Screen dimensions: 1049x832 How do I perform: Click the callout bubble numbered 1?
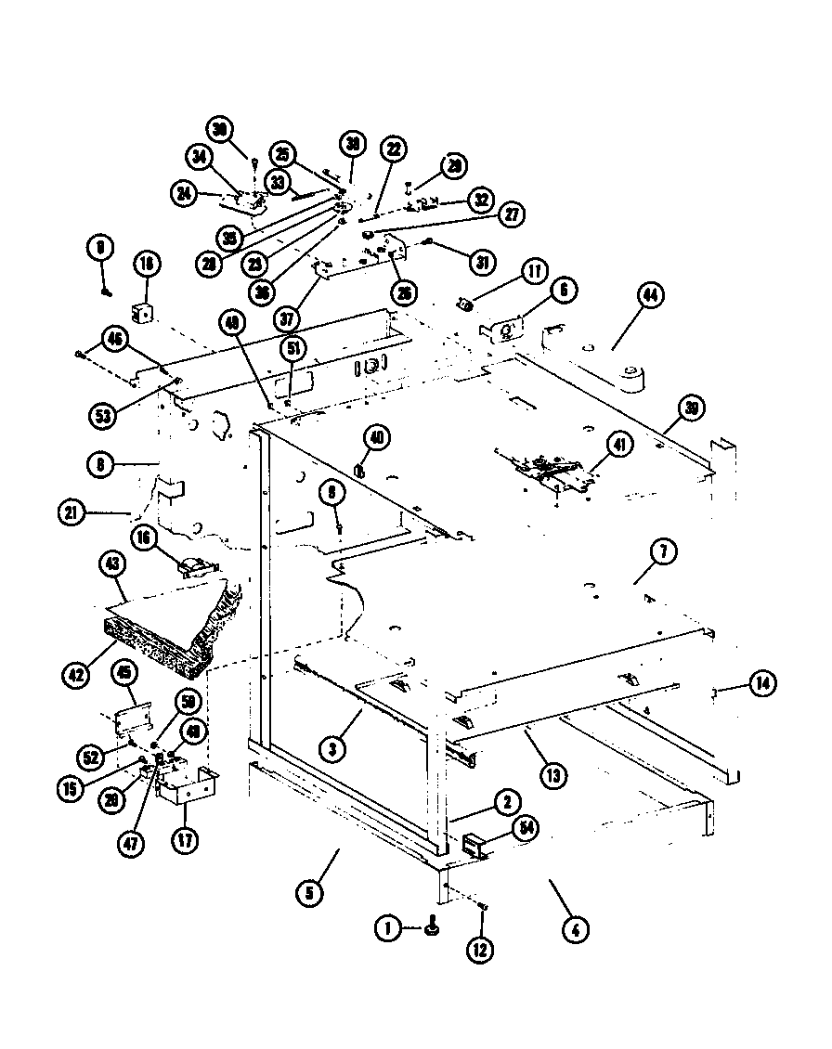pos(388,926)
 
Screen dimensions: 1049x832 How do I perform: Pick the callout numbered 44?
pos(650,296)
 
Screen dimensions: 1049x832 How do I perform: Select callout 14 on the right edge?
pos(760,686)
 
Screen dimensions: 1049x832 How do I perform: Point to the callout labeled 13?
pos(553,773)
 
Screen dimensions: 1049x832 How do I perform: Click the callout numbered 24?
pos(183,194)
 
